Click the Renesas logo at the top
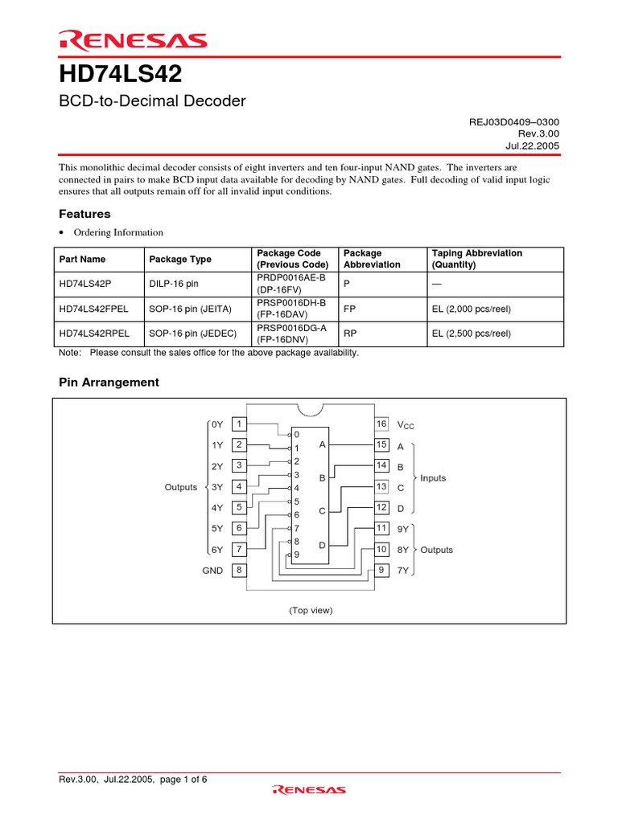(x=133, y=40)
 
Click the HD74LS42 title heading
(x=121, y=74)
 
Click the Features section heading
(x=84, y=214)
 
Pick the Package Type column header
(x=180, y=259)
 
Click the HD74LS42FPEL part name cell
(x=95, y=309)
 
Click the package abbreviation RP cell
(x=349, y=334)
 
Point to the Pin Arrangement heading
(x=109, y=382)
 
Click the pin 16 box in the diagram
(x=381, y=424)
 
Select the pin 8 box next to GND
(x=239, y=571)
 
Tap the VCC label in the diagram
(x=406, y=425)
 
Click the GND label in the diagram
(x=213, y=571)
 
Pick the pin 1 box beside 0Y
(x=239, y=424)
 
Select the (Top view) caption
(x=311, y=610)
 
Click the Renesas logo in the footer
(x=309, y=790)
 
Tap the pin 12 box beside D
(x=381, y=507)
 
